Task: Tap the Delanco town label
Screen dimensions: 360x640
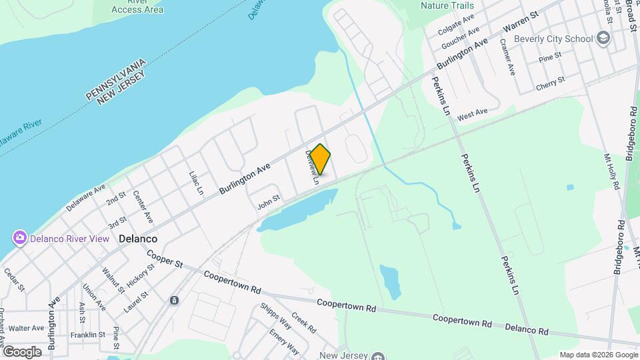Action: pos(138,238)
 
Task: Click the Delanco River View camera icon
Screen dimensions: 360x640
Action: pos(20,238)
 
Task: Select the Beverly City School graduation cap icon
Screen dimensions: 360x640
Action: pos(605,39)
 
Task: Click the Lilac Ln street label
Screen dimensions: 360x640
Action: pos(195,182)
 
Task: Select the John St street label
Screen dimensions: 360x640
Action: pos(268,202)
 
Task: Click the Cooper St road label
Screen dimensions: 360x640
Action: pos(165,261)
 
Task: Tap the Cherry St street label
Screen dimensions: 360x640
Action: pos(550,84)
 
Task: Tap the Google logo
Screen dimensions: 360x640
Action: pos(21,351)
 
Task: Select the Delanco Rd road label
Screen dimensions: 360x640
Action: pos(527,329)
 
